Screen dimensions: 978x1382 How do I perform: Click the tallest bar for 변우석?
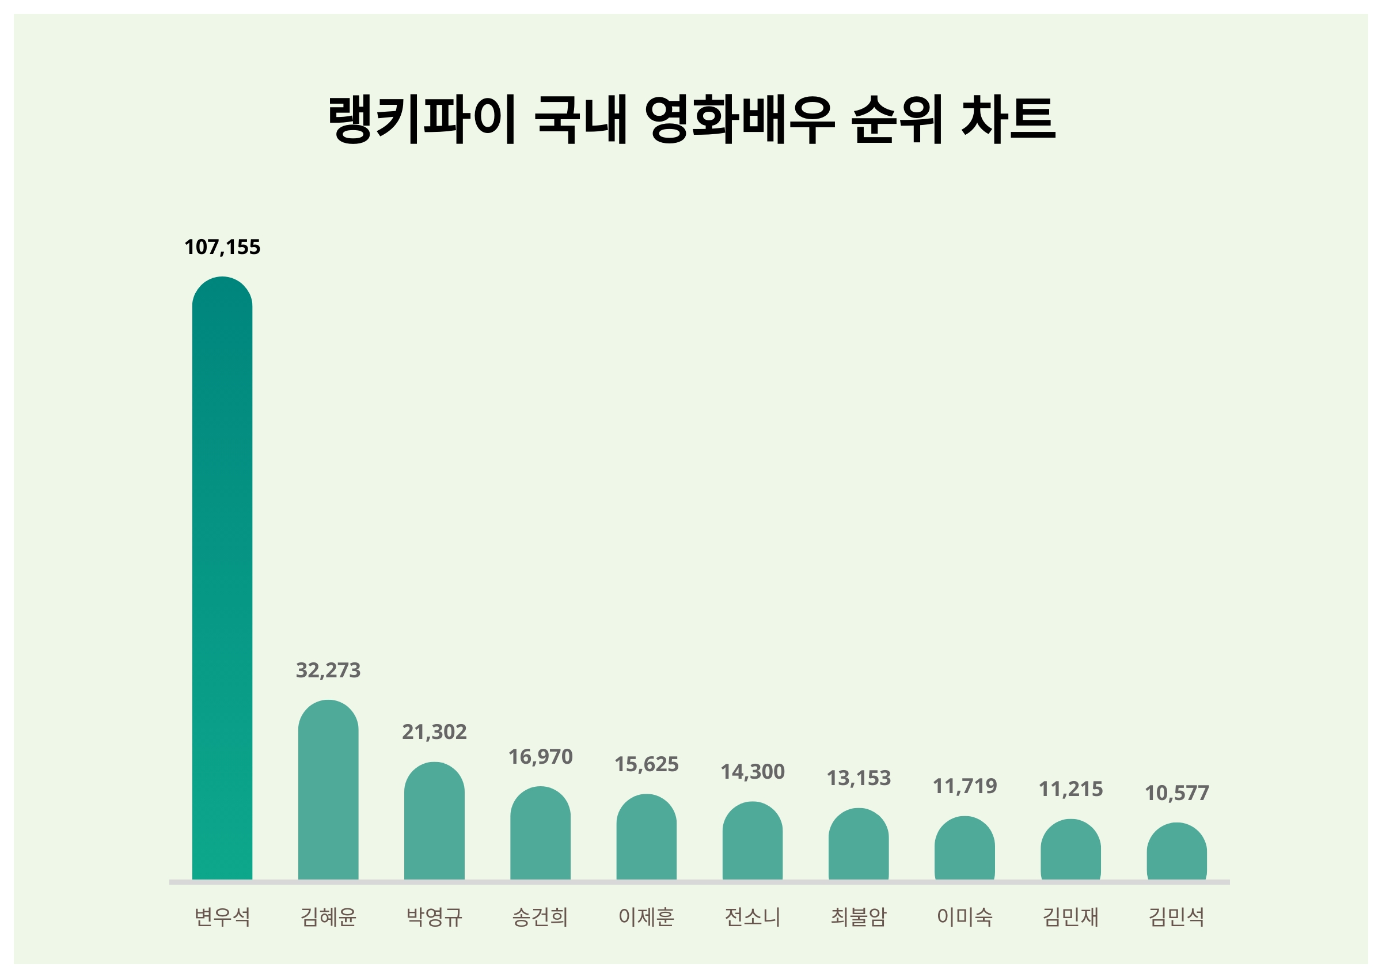pos(222,578)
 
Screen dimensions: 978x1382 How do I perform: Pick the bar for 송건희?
pos(540,833)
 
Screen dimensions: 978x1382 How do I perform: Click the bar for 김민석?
pos(1177,851)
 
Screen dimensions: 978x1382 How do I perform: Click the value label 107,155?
pos(222,247)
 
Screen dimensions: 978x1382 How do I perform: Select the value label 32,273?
pos(328,670)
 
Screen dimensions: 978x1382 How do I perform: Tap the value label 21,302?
pos(434,732)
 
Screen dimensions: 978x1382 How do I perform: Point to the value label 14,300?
pos(753,772)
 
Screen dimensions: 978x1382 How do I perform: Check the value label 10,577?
pos(1177,793)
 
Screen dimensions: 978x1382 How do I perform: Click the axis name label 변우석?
pos(222,917)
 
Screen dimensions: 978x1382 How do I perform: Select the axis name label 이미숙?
pos(965,917)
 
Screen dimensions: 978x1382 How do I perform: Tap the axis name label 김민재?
pos(1071,917)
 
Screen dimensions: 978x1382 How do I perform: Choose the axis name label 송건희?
pos(540,917)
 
